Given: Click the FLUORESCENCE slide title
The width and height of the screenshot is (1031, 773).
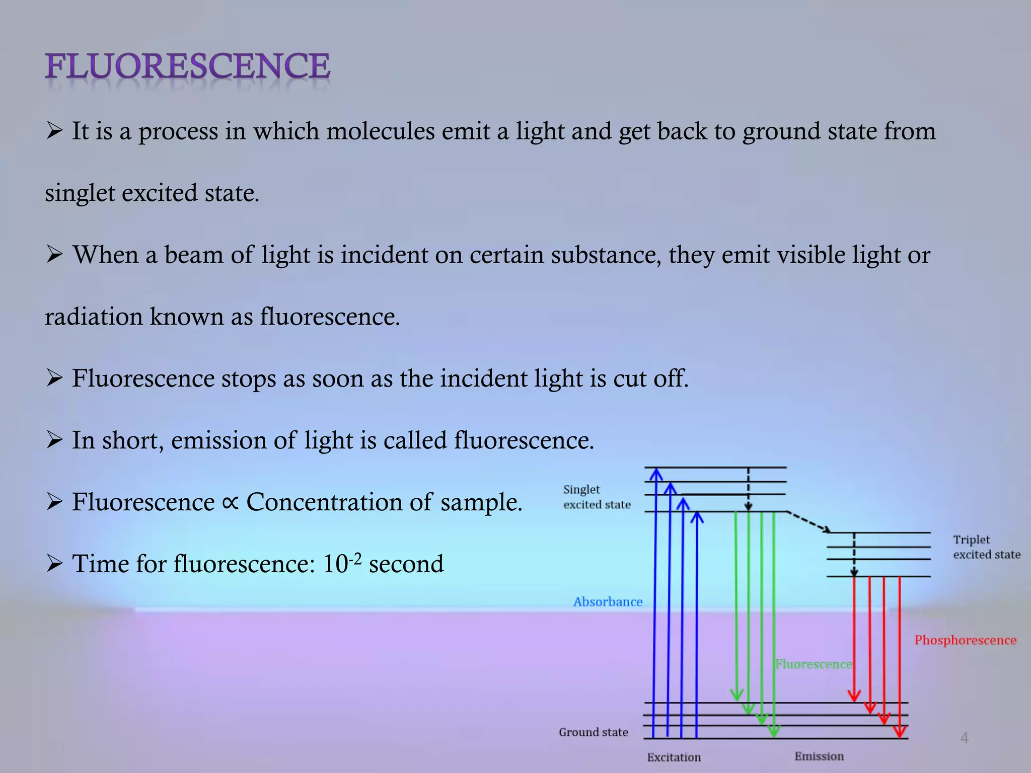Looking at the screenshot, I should (x=187, y=66).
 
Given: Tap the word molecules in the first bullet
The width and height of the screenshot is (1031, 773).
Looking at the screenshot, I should (x=380, y=131).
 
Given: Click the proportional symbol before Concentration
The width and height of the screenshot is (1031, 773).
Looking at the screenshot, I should (x=230, y=502).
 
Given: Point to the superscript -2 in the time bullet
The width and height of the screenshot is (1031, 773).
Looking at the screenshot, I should (x=355, y=558).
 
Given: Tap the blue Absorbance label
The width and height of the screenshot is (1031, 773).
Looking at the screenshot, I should (x=608, y=602).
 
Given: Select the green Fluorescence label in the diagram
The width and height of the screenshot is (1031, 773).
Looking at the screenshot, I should (x=813, y=664).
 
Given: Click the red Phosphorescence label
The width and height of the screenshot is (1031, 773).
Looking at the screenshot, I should (x=965, y=640).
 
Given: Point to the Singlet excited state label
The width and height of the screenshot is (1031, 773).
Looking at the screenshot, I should (x=597, y=497).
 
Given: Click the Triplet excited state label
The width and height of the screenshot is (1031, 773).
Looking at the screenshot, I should (x=986, y=547).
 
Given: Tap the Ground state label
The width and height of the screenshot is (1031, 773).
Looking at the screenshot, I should (x=593, y=732).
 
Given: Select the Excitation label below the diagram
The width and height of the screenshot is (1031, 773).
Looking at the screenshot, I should (x=674, y=757).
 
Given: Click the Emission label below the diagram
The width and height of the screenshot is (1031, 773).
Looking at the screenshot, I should (x=819, y=756).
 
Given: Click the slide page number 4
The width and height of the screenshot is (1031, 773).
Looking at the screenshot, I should (x=964, y=738).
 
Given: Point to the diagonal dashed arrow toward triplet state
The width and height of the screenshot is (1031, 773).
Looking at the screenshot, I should (x=808, y=522).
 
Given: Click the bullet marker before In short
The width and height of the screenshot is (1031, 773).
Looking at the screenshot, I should (x=54, y=440).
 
